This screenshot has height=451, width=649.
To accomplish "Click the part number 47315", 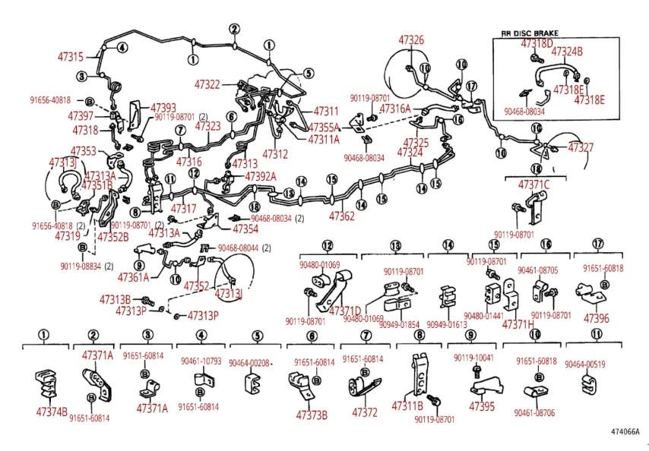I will (x=71, y=56).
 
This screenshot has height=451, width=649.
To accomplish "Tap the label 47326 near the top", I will (x=411, y=39).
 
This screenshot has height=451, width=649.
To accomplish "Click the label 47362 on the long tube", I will (x=341, y=216).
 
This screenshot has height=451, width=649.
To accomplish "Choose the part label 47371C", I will (x=533, y=184).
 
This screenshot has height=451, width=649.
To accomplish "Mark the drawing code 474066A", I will (x=625, y=432).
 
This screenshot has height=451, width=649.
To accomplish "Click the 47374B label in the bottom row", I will (x=52, y=411).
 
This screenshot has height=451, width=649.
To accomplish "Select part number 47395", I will (x=482, y=406).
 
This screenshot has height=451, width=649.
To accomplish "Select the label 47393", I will (x=163, y=107).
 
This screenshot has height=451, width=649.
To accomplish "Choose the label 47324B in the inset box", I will (x=566, y=52).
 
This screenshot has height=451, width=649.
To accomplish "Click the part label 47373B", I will (x=312, y=415).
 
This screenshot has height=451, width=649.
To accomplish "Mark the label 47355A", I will (x=324, y=127).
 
